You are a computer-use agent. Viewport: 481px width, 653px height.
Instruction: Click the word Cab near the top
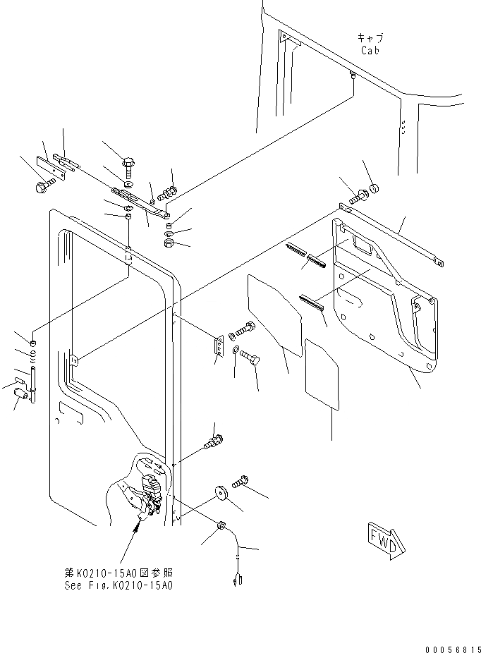370,50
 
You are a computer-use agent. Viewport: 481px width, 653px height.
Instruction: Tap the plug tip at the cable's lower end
236,581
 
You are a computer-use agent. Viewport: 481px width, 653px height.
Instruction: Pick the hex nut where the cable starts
221,525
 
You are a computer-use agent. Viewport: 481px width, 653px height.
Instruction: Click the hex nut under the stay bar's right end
169,244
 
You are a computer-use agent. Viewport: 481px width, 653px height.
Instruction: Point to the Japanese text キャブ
370,38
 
